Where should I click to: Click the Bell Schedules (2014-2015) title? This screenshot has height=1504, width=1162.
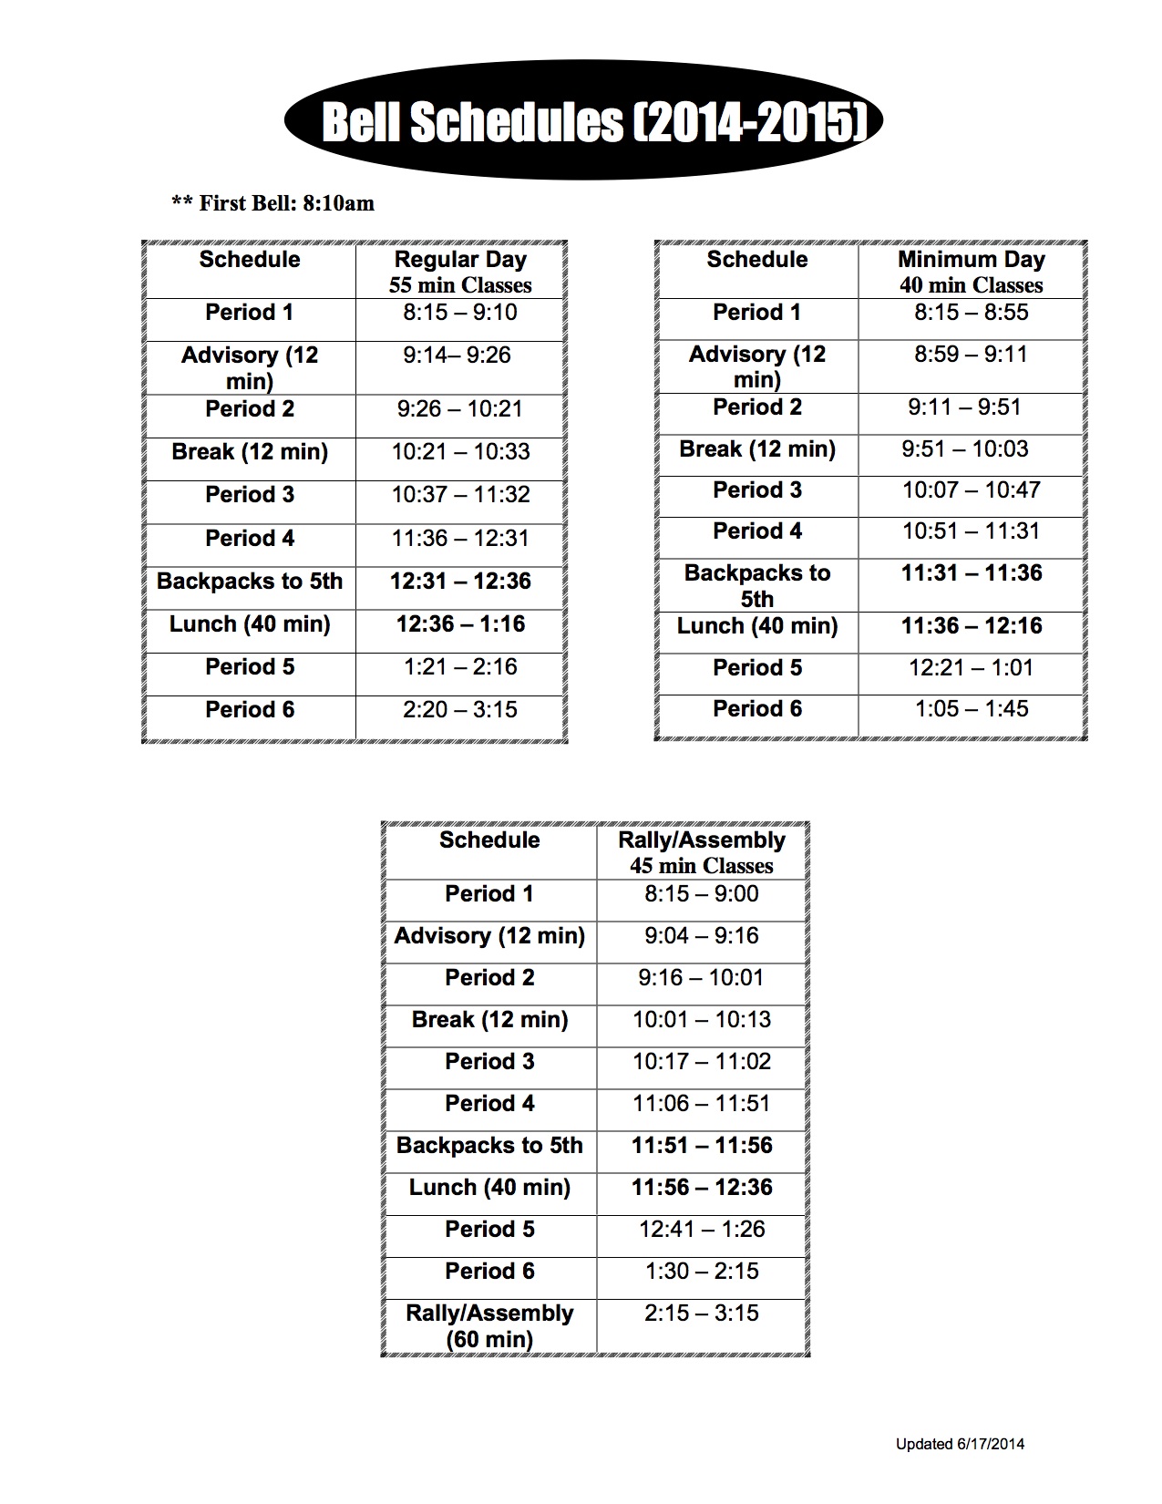coord(583,121)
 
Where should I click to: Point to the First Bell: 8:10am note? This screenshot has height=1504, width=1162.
coord(273,203)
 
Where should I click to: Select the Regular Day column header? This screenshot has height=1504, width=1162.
coord(460,271)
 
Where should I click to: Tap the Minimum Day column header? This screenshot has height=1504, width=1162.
coord(971,271)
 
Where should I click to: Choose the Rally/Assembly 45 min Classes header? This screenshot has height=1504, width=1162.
coord(701,852)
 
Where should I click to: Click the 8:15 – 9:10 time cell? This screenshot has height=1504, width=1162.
coord(460,313)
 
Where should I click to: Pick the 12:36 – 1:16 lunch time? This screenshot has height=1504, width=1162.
coord(460,624)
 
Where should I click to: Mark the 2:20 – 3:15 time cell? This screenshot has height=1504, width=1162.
coord(460,710)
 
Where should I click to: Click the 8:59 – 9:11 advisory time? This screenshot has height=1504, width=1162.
coord(971,354)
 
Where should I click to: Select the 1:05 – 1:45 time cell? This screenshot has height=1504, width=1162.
coord(971,709)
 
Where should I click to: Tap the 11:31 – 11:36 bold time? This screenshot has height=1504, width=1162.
coord(971,573)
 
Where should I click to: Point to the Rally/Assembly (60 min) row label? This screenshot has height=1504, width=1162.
coord(489,1325)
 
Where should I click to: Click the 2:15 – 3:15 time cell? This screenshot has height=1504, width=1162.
coord(701,1313)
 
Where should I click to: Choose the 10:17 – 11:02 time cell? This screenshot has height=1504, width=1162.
coord(701,1062)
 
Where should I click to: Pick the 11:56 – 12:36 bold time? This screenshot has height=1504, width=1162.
coord(701,1188)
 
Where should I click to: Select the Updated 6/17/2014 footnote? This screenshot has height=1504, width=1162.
coord(960,1444)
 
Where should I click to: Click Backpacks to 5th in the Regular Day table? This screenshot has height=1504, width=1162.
coord(250,582)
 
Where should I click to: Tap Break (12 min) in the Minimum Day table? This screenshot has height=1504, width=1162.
coord(757,449)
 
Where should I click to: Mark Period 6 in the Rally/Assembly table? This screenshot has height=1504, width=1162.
coord(489,1272)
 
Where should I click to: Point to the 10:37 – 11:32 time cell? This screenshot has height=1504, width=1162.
coord(460,495)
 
